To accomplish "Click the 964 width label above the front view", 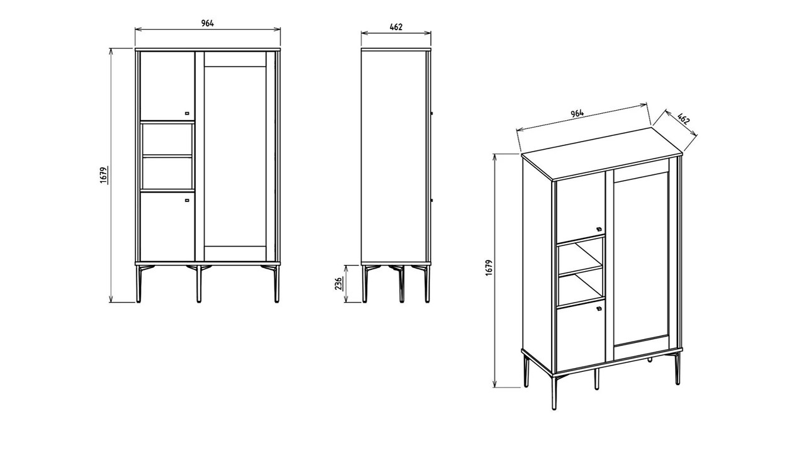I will coord(208,23).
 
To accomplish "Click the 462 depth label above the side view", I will coord(396,27).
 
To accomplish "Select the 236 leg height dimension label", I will coord(339,283).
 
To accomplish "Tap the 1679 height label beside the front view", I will coord(103,175).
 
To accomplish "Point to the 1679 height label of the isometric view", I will coord(489,268).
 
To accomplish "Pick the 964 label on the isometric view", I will coord(577,113).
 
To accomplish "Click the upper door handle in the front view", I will coord(187,113).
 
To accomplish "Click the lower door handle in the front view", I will coord(187,201).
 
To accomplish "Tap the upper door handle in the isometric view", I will coord(599,228).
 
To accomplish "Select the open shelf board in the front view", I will coord(167,156).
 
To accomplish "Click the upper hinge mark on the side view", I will coord(432,113).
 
